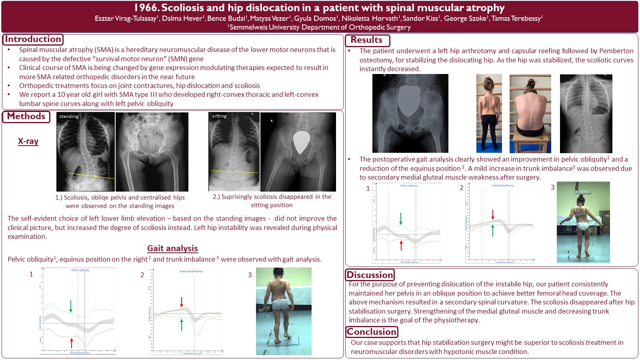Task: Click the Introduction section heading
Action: (33, 39)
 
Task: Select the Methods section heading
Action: (26, 116)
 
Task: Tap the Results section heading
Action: (366, 40)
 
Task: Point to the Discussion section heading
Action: (370, 275)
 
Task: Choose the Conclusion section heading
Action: (372, 332)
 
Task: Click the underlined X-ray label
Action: (28, 141)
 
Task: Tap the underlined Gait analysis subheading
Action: (172, 248)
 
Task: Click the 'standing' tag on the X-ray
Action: (69, 116)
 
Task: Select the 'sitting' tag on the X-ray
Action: (219, 116)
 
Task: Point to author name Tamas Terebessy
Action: (516, 18)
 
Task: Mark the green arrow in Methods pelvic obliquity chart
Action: (71, 306)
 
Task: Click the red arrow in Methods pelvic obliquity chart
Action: (72, 343)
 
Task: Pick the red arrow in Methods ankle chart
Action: (182, 302)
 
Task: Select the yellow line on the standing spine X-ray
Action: (90, 176)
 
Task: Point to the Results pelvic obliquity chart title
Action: (409, 186)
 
